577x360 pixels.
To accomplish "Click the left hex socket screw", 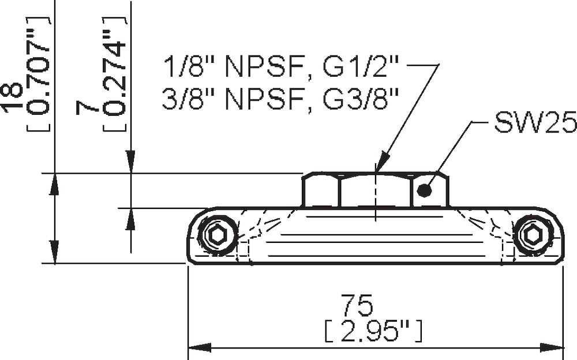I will pyautogui.click(x=218, y=234).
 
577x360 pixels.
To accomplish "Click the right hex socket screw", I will pyautogui.click(x=531, y=234).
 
